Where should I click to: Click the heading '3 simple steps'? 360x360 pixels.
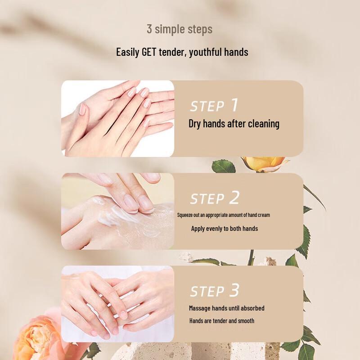(180, 29)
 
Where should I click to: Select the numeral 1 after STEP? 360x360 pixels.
(234, 105)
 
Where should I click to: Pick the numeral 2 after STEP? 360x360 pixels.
(234, 198)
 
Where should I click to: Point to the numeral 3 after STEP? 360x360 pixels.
(234, 290)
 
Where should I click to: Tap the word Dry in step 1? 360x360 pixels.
(195, 124)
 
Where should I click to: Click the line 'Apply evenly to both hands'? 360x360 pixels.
(224, 229)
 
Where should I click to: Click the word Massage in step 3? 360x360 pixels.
(199, 308)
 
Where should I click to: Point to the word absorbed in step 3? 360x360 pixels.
(252, 308)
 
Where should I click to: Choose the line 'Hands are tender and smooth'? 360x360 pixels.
(222, 321)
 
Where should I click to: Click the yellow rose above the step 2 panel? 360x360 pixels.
(264, 164)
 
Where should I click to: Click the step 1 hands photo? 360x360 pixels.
(117, 118)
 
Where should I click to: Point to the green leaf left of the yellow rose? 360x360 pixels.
(224, 166)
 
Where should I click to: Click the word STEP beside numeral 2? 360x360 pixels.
(207, 199)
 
